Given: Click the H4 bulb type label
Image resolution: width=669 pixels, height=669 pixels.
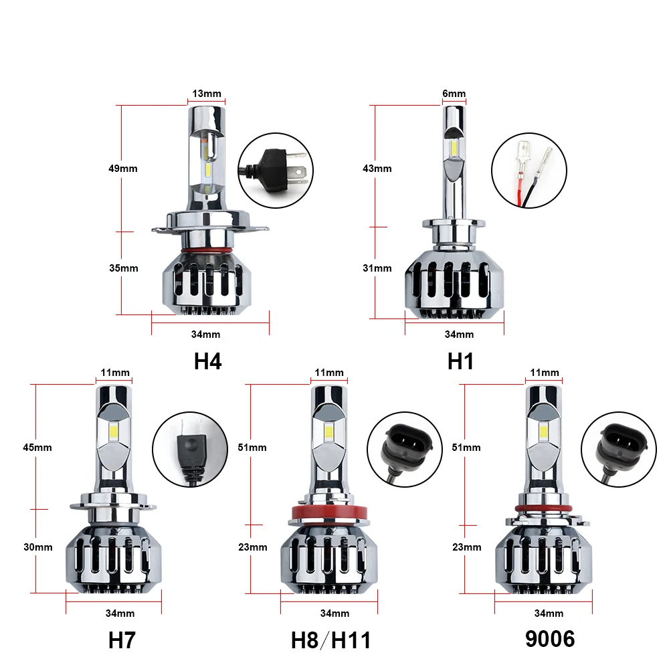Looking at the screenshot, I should [x=208, y=361].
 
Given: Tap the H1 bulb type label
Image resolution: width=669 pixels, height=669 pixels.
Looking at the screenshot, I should [x=460, y=361].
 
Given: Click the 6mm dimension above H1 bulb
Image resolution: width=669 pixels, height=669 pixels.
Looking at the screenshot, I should [x=454, y=94].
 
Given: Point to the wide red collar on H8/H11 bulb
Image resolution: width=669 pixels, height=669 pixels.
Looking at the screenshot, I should [x=330, y=514].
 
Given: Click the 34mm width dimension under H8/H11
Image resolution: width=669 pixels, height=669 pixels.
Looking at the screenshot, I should [x=334, y=613].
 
